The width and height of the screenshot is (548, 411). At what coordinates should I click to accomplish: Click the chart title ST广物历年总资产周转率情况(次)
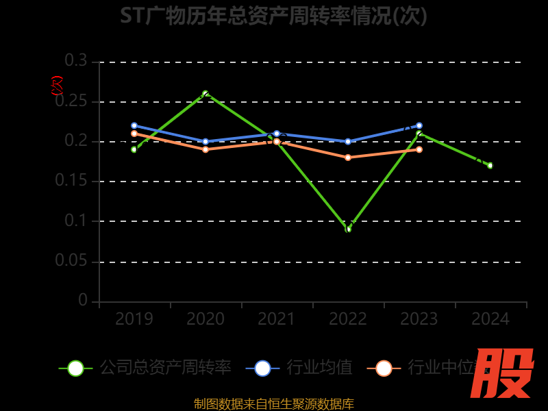click(x=273, y=15)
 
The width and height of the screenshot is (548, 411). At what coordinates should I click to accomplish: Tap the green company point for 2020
click(x=206, y=93)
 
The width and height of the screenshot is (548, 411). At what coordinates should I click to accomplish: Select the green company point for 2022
click(x=348, y=229)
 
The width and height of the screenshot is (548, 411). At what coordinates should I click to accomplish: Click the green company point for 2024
click(x=490, y=165)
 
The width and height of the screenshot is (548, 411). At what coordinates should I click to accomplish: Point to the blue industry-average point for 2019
click(x=134, y=125)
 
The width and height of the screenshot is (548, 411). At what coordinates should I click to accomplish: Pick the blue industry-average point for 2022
click(x=348, y=142)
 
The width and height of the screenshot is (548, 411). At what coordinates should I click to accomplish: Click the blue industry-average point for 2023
click(x=419, y=125)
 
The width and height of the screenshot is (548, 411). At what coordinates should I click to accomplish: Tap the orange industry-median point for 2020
click(x=206, y=149)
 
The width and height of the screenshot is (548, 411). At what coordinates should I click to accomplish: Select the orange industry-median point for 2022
click(x=348, y=158)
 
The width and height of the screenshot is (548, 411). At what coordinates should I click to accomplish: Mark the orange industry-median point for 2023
click(x=419, y=149)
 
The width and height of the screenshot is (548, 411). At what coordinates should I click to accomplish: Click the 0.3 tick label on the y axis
click(x=76, y=61)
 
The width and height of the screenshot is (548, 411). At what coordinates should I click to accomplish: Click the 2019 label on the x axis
click(x=134, y=319)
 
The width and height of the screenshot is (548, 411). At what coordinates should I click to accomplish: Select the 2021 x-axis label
click(x=277, y=319)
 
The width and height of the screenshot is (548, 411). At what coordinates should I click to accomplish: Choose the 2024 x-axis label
click(x=490, y=319)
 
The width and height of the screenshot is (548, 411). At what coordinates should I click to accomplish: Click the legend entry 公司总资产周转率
click(x=165, y=368)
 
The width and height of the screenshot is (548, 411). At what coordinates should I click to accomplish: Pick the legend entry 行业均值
click(x=320, y=368)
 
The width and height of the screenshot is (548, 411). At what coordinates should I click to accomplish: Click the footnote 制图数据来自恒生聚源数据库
click(x=274, y=403)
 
